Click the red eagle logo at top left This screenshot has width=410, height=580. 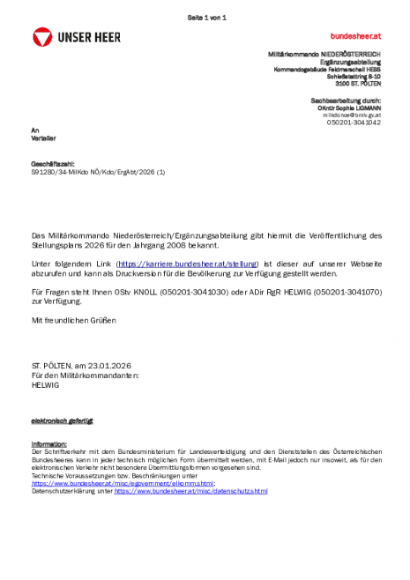(x=41, y=37)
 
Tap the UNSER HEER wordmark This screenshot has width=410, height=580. (x=90, y=37)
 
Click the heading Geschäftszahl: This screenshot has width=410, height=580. (x=53, y=164)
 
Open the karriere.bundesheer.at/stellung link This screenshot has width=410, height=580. (x=187, y=264)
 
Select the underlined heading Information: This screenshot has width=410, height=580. (x=48, y=443)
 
